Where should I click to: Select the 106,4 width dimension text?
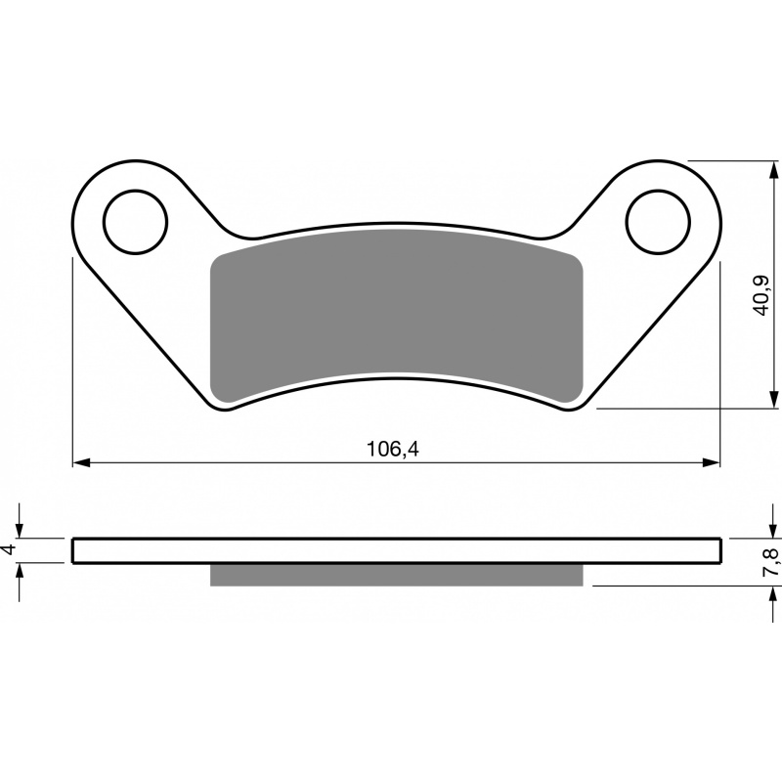coord(393,450)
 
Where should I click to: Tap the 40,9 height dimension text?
coord(762,295)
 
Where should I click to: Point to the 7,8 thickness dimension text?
coord(770,562)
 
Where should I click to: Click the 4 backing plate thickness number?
coord(10,550)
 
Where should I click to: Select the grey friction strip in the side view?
coord(397,575)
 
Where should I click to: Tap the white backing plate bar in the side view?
coord(397,551)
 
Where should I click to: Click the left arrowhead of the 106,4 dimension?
coord(81,462)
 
